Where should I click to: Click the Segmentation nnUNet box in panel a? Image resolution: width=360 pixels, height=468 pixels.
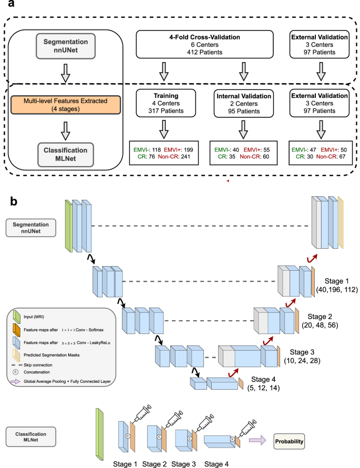click(65, 45)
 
